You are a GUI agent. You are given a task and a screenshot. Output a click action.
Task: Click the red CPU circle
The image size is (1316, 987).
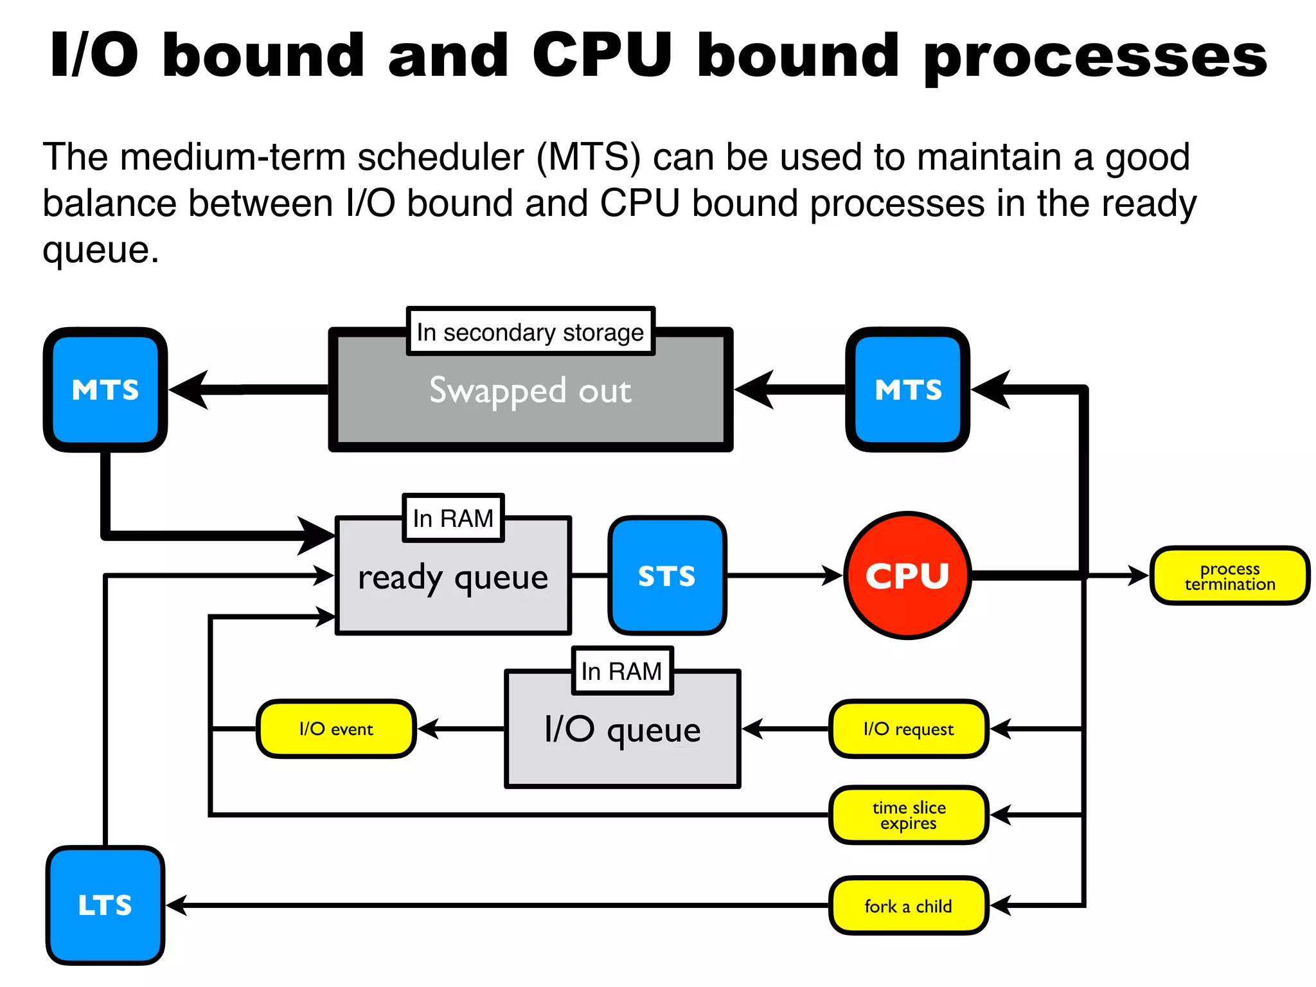tap(907, 575)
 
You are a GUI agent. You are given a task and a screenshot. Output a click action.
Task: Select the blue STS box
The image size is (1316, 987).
tap(667, 575)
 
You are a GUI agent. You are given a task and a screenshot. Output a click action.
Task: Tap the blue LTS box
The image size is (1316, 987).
tap(105, 905)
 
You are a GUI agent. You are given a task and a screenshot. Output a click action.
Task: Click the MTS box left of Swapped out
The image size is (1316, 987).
tap(105, 389)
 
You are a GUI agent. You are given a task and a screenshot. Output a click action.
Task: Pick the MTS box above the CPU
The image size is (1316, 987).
tap(907, 389)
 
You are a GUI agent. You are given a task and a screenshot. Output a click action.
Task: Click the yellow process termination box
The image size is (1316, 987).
tap(1229, 576)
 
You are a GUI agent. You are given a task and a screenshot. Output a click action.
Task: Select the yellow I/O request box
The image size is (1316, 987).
tap(908, 729)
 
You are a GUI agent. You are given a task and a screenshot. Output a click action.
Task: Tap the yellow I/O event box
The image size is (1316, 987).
tap(336, 729)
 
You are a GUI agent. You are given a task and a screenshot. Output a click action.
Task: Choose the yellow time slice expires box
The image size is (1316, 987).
tap(908, 815)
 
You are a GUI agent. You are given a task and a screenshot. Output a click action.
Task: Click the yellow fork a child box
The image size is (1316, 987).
tap(908, 905)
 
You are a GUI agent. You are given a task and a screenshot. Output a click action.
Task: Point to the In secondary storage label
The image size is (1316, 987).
tap(530, 332)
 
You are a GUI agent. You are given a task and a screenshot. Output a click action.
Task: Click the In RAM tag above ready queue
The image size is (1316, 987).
tap(453, 518)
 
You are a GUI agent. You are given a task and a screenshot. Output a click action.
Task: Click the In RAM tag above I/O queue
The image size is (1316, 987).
tap(622, 671)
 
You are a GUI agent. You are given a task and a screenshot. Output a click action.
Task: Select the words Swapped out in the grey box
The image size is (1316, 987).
tap(530, 391)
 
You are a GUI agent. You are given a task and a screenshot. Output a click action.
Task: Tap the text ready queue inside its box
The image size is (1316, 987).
tap(453, 577)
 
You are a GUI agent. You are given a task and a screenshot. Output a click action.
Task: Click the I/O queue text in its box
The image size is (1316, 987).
tap(622, 730)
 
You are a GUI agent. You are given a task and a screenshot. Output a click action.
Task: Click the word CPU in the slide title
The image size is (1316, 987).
tap(602, 55)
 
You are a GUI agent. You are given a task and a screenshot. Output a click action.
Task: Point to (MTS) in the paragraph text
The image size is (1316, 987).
tap(588, 157)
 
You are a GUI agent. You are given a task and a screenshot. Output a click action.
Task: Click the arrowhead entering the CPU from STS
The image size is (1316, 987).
tap(833, 575)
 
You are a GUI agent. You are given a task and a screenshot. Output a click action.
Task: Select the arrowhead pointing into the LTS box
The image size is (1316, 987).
tap(176, 905)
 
